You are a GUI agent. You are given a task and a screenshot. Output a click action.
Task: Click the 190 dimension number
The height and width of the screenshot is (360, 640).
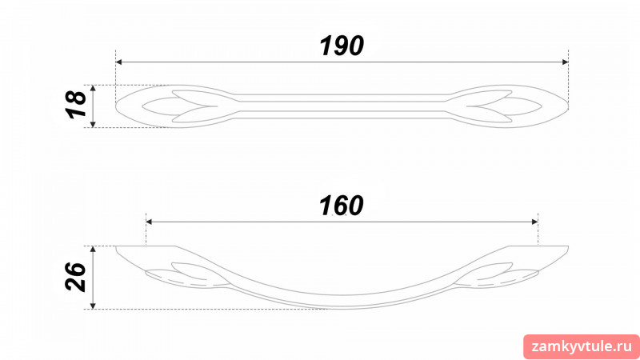tap(342, 46)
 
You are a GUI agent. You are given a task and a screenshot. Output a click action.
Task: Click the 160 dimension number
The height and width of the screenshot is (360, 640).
tap(342, 206)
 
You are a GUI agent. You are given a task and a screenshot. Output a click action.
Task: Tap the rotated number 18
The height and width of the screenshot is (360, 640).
tap(76, 105)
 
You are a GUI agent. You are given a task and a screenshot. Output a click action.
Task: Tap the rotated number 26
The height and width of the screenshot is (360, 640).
tap(76, 277)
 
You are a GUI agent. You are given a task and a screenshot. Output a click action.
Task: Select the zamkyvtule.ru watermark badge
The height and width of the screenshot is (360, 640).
tap(582, 347)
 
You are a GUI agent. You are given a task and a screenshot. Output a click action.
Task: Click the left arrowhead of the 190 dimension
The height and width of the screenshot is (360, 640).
tap(118, 62)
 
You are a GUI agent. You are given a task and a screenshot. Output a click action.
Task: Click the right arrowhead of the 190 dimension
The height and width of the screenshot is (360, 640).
tap(566, 62)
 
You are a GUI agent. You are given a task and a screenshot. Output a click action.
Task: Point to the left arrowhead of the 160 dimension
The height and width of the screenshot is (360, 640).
tap(149, 222)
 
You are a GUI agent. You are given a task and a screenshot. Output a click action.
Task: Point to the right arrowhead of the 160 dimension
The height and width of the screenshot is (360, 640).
tap(534, 222)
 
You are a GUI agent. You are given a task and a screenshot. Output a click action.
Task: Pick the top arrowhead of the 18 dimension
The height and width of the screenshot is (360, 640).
tap(93, 88)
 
